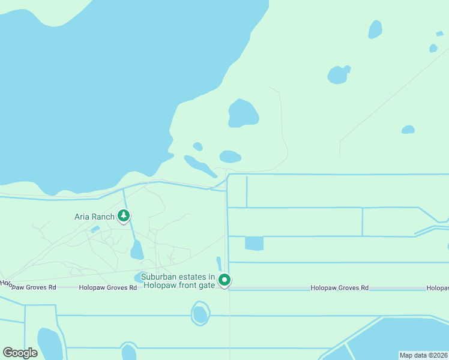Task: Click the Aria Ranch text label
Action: (94, 216)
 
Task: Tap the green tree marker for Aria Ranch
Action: (124, 215)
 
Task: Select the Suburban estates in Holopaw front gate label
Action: (178, 281)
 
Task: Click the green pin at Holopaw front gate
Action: (224, 280)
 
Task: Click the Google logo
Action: (20, 353)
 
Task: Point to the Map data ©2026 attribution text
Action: (423, 355)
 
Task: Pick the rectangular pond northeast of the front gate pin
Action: (254, 243)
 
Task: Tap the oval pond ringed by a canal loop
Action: (200, 314)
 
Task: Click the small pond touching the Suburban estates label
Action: (139, 277)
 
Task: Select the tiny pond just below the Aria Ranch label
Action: (95, 229)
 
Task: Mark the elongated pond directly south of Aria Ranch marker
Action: (137, 250)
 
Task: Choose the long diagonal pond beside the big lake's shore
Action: (199, 166)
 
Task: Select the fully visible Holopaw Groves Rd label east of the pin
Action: (339, 288)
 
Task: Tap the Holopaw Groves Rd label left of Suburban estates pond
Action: (108, 288)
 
